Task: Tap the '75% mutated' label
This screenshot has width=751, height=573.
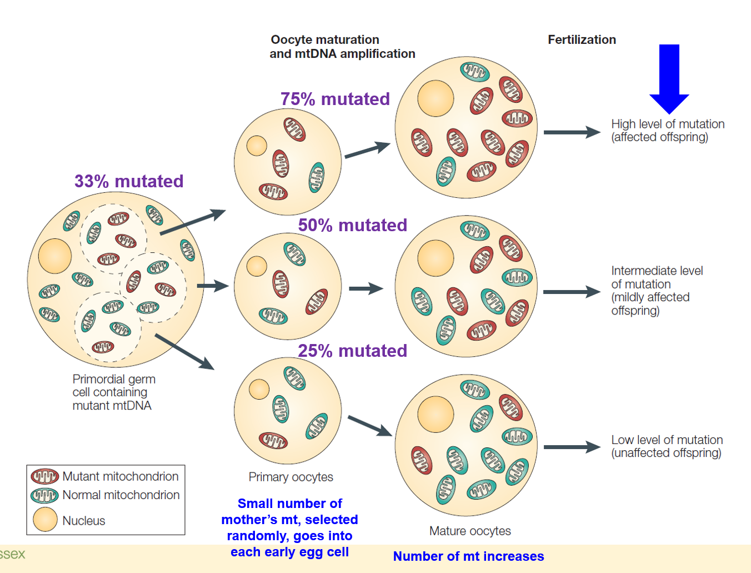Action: [x=335, y=99]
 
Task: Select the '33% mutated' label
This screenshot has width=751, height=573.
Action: [x=129, y=181]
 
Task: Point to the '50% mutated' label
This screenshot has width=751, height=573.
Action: [x=352, y=225]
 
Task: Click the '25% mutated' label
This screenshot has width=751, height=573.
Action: [x=352, y=351]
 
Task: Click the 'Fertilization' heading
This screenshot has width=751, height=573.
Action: [x=582, y=39]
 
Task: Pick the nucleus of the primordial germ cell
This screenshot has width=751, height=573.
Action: [x=55, y=256]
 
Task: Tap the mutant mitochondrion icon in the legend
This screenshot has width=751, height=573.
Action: [x=45, y=476]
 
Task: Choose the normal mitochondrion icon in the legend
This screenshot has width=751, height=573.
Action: [x=45, y=495]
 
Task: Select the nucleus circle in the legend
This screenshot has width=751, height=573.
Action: [x=45, y=520]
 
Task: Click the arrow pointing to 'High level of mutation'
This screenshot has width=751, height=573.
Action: [x=572, y=132]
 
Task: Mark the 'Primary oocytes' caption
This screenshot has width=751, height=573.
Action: [x=291, y=477]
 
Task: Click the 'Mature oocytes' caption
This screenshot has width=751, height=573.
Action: [x=470, y=531]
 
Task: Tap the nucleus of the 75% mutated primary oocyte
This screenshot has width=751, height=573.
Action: [x=257, y=146]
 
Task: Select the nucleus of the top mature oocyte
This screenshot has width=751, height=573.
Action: [x=435, y=98]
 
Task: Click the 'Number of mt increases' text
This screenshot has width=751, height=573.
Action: [x=468, y=556]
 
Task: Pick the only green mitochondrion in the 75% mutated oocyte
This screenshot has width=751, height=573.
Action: [x=317, y=177]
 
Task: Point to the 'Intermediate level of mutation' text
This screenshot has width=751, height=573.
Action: [x=657, y=290]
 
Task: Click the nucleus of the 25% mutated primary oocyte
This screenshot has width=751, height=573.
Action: [x=259, y=389]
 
